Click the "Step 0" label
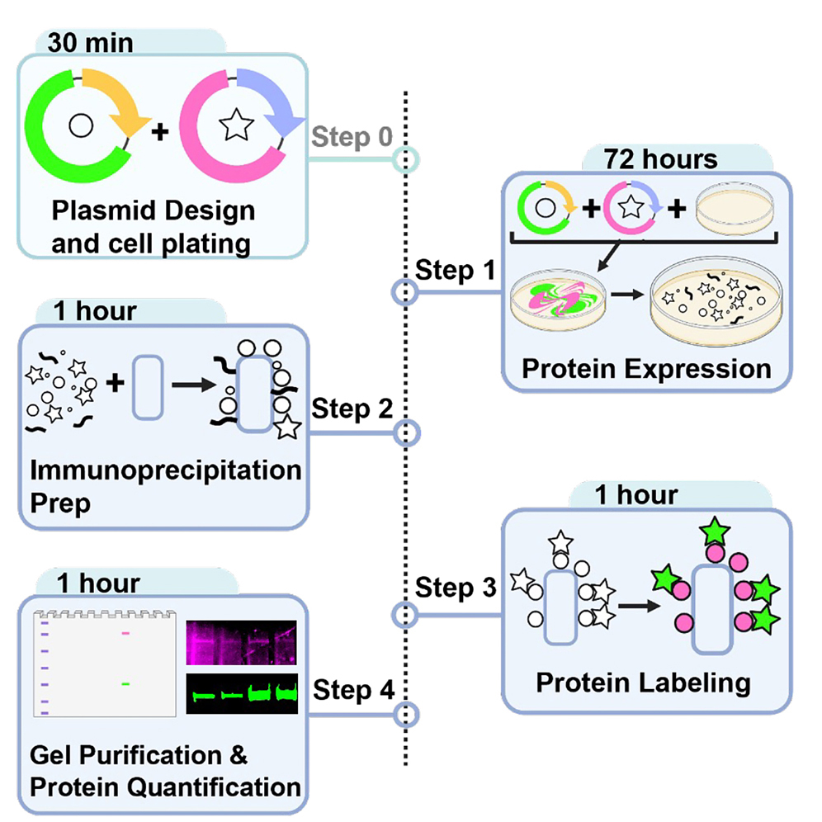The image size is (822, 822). [352, 137]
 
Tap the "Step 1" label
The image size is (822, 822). [456, 269]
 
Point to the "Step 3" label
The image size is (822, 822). [456, 588]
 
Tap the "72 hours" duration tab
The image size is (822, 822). [649, 158]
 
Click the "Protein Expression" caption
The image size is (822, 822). [646, 368]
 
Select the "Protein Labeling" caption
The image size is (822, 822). [644, 683]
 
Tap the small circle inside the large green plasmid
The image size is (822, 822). [79, 125]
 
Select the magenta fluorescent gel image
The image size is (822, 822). [241, 642]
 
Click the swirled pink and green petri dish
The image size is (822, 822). [555, 300]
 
